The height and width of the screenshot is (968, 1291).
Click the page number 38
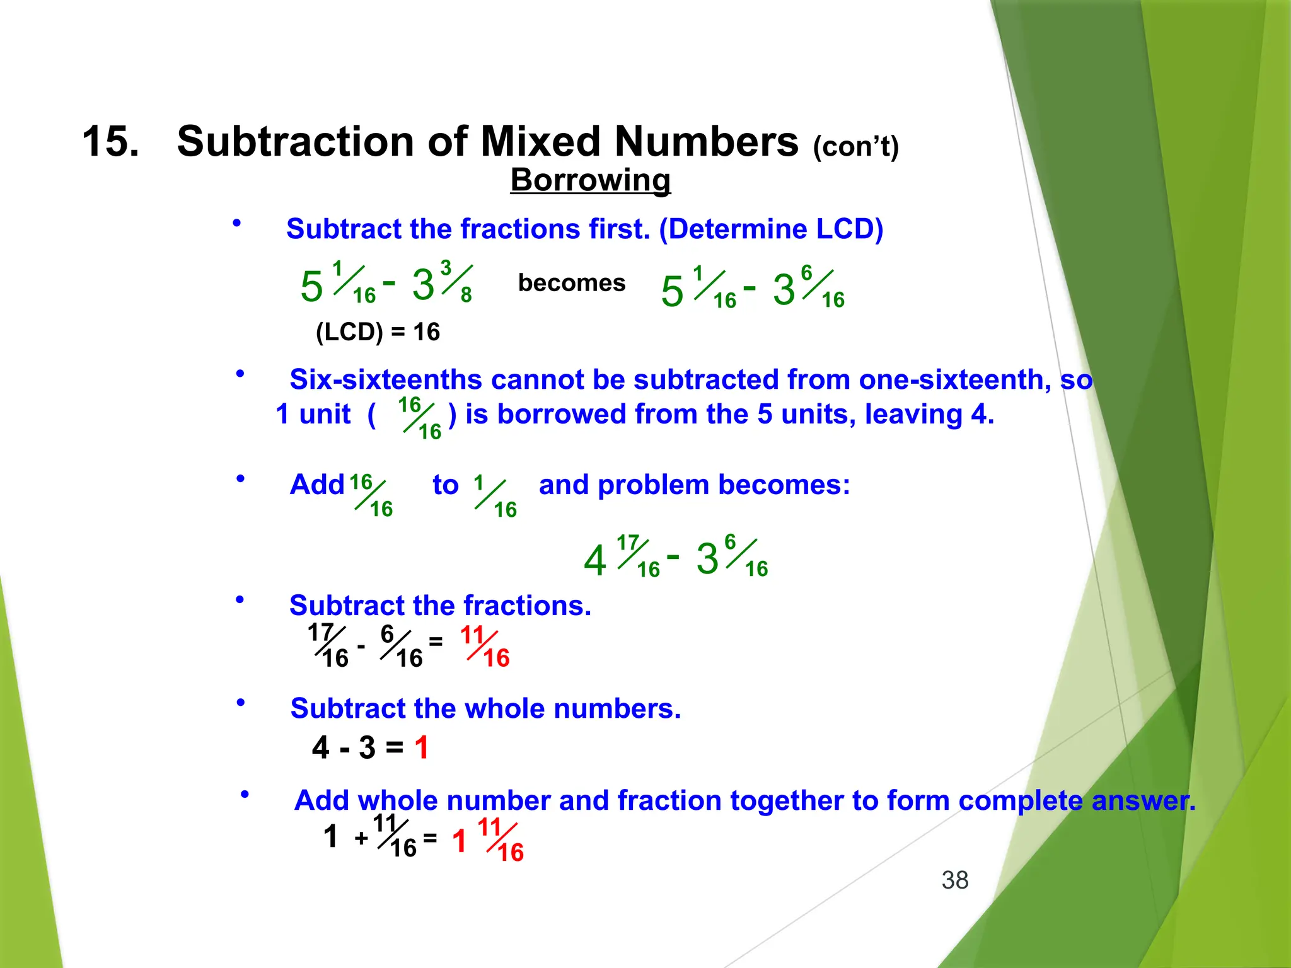point(954,880)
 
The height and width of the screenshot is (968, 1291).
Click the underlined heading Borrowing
point(590,180)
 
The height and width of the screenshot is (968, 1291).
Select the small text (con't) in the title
point(855,147)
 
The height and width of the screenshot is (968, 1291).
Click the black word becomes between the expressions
point(571,283)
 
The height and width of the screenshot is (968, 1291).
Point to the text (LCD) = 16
point(378,331)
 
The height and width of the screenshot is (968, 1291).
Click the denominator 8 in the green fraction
point(466,295)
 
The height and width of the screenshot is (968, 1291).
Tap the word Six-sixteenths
point(385,379)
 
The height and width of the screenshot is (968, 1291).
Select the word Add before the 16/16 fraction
point(317,485)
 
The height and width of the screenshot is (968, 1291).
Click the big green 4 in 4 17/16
point(594,560)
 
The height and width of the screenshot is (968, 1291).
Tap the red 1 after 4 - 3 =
point(421,748)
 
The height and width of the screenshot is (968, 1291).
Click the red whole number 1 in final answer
point(460,841)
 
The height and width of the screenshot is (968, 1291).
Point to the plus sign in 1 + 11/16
point(361,838)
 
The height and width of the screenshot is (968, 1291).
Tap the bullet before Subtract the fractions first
point(237,223)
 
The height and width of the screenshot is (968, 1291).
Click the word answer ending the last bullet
point(1142,800)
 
